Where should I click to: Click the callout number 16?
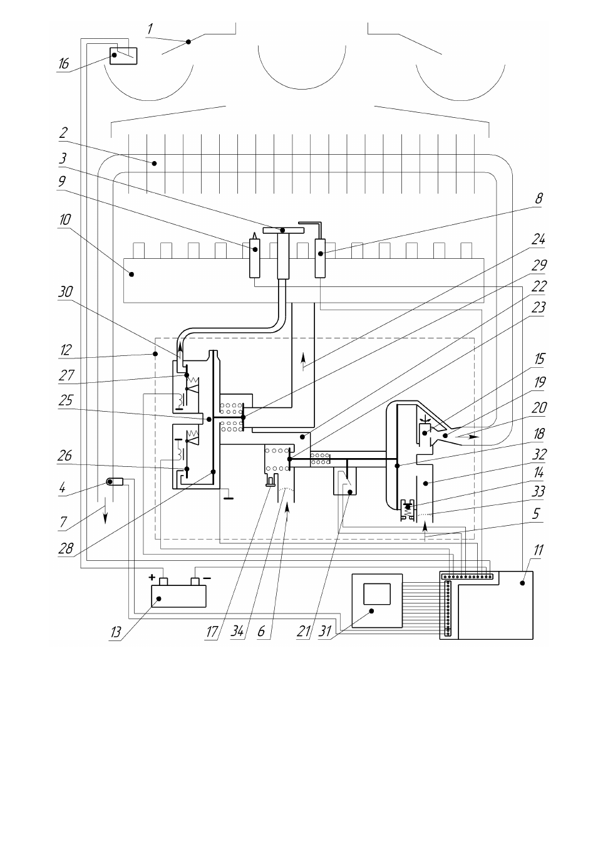click(x=64, y=63)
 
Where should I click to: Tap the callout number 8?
click(x=539, y=198)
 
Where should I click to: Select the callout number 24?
click(x=539, y=239)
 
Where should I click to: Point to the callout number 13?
click(x=116, y=631)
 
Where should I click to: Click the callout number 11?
click(x=539, y=550)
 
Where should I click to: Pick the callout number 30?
click(x=65, y=291)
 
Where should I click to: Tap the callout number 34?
click(x=237, y=631)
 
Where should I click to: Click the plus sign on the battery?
click(x=152, y=577)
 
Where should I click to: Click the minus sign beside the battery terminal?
click(x=207, y=578)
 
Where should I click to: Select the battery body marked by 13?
click(x=178, y=596)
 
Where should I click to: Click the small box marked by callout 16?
click(x=123, y=56)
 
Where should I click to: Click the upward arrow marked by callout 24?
click(x=303, y=362)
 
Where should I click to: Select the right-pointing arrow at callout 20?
click(x=467, y=437)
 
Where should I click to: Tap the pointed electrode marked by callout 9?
click(x=255, y=255)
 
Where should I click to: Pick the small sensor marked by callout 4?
click(x=115, y=481)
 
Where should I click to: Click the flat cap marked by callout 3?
click(x=283, y=231)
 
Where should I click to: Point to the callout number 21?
click(x=303, y=631)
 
